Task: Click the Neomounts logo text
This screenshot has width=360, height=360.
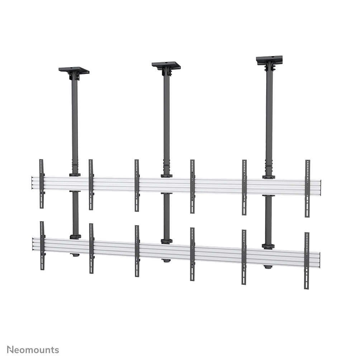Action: [x=33, y=350]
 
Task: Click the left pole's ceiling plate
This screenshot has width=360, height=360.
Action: [x=74, y=70]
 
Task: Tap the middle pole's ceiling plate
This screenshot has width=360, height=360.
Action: [x=166, y=65]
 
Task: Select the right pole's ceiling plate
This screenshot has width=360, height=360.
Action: [x=269, y=59]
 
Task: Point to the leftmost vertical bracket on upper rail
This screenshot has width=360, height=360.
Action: [x=42, y=184]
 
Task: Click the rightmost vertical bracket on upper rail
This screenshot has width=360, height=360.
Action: [x=307, y=189]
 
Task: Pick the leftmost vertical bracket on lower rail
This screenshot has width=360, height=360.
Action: [x=42, y=246]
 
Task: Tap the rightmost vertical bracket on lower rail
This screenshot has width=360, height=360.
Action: [x=307, y=261]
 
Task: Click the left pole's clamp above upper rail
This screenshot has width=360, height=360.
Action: [x=75, y=175]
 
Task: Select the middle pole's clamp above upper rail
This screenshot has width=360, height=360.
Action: [x=166, y=176]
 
